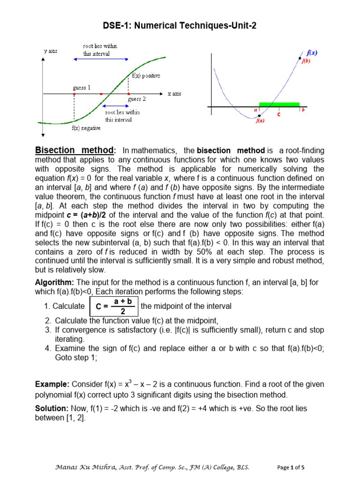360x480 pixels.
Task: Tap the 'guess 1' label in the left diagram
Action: (82, 88)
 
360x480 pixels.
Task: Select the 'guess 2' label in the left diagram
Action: (137, 99)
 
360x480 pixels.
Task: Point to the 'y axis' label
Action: (50, 51)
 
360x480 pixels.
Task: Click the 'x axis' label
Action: (174, 94)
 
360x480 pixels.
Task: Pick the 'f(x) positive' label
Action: (146, 75)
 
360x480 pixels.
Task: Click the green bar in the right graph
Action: (279, 105)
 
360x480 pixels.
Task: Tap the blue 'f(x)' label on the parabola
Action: (312, 53)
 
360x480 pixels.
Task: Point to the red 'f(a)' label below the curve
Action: (260, 120)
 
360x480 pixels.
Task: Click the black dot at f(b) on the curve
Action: (300, 59)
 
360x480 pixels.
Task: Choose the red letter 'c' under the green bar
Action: (279, 114)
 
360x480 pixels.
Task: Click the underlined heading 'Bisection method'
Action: (75, 150)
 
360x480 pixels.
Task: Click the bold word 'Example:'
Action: (52, 384)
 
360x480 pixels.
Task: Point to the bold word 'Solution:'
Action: (53, 408)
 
